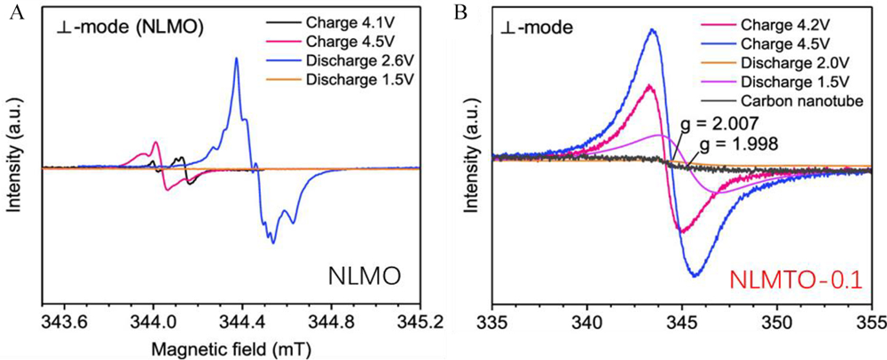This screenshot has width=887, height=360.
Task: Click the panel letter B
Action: point(458,12)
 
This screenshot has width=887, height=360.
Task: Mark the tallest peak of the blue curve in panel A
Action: point(236,59)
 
